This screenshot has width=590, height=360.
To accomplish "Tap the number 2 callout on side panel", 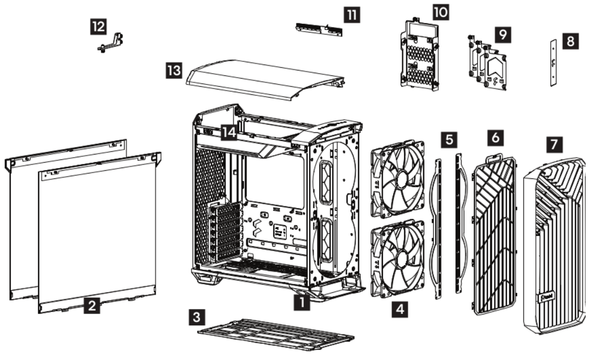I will pos(91,306).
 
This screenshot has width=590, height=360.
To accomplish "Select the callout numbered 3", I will pos(196,316).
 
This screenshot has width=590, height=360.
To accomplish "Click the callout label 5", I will pos(448,140).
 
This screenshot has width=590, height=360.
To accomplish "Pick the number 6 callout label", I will pos(495,137).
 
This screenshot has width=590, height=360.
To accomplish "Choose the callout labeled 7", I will pos(555,145).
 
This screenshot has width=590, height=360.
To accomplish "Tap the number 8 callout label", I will pos(570,41).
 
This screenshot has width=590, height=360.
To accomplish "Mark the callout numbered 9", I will pos(503,34).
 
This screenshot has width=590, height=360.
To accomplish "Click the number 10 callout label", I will pos(440,11).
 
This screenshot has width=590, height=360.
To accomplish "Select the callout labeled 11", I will pos(352,14).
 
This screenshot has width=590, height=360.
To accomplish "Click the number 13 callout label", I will pos(174,71).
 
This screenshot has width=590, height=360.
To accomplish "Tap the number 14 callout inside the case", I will pos(228,132).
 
